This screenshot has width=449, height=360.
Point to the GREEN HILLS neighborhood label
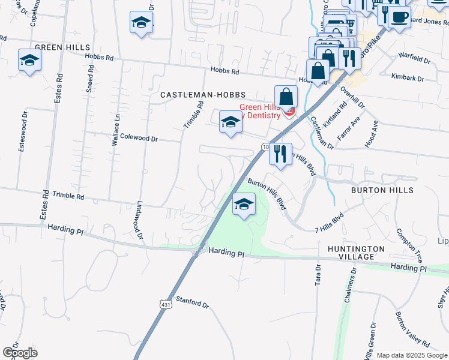62,47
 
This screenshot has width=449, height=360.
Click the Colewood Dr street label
139,138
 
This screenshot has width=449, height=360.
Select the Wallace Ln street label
116,131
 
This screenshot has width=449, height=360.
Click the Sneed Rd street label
90,78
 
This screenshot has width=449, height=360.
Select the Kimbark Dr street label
407,79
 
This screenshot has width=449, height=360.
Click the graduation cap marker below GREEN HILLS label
29,61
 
